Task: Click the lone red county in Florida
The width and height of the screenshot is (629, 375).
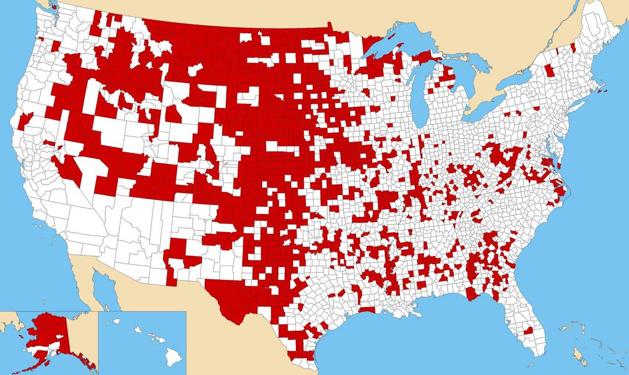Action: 528,331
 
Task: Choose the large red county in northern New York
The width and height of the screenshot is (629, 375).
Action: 549,71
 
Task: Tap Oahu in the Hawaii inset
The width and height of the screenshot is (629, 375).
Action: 138,330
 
